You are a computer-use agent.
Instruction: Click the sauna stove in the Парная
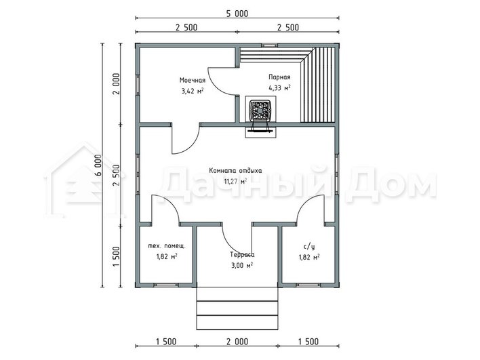pos(260,111)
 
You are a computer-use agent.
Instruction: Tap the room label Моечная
pos(193,80)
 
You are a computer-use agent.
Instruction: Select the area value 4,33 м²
pos(279,88)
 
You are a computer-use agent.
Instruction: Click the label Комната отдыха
pos(235,171)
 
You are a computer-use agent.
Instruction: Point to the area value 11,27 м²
pos(235,181)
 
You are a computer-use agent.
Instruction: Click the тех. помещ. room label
pos(167,246)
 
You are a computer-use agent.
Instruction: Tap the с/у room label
pos(309,246)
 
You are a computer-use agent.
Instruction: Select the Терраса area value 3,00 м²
pos(242,265)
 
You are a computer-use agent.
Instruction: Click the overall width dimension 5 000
pos(237,14)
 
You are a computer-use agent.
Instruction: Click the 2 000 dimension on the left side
pos(117,84)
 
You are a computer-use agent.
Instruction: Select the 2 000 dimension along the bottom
pos(237,341)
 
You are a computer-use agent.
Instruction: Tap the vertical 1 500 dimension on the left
pos(117,256)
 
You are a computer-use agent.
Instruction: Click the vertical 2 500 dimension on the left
pos(117,175)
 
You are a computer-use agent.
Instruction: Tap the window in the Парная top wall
pos(270,45)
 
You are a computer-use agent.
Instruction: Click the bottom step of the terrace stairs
pos(237,322)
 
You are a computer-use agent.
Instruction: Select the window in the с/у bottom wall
pos(308,285)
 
